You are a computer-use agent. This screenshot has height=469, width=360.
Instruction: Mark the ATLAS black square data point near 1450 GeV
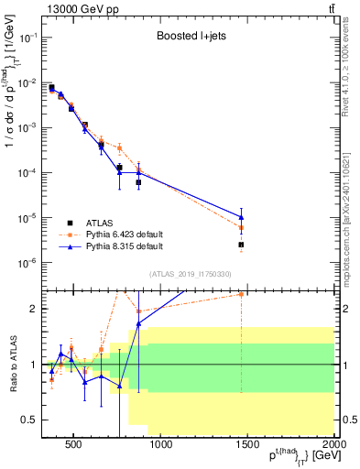click(x=241, y=245)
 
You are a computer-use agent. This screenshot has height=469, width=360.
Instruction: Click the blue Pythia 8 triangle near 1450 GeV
click(x=241, y=218)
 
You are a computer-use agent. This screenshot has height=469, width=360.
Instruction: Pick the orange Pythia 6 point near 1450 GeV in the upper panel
click(x=241, y=227)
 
